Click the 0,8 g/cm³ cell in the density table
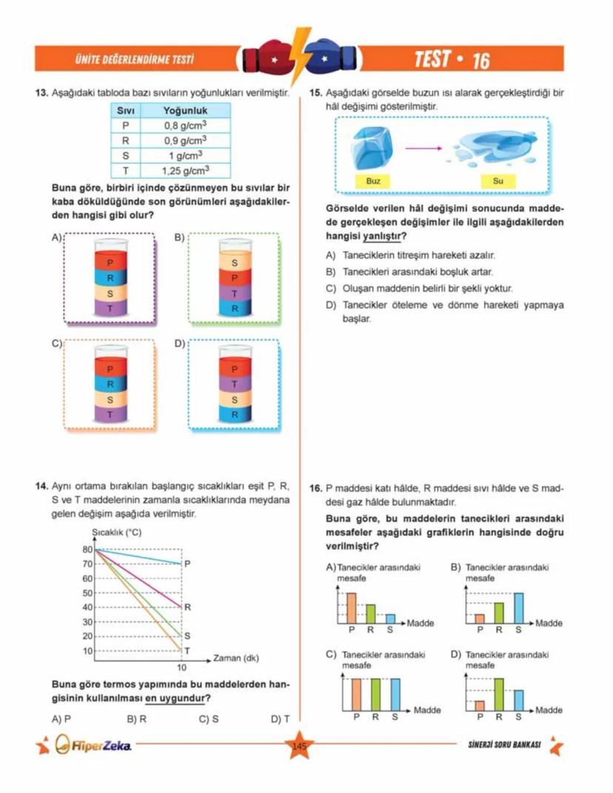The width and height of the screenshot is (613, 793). coord(184,125)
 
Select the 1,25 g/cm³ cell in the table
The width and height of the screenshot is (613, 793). coord(184,170)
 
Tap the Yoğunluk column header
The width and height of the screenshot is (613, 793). coord(184,110)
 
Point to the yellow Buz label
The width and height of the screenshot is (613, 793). coord(373,181)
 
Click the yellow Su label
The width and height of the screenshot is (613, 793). coord(498,181)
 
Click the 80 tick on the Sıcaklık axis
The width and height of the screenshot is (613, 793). coord(87,549)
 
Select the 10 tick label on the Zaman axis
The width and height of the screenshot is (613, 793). coord(181,668)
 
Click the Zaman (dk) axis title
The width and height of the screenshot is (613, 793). coord(235,658)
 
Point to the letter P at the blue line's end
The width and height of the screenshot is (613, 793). coord(187,563)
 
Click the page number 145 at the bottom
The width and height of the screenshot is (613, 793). coord(299,746)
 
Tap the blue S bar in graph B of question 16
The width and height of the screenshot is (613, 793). coord(518,608)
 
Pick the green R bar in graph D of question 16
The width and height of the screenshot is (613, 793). coord(499,695)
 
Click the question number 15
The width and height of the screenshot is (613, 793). coord(314,93)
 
